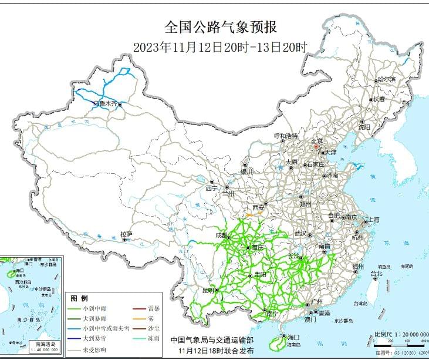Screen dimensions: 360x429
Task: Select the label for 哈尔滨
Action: (x=386, y=79)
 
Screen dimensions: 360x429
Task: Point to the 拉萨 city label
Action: (x=126, y=234)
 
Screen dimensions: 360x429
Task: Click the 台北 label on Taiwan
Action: (x=376, y=273)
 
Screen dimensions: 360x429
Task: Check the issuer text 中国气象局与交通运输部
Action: (x=212, y=340)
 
